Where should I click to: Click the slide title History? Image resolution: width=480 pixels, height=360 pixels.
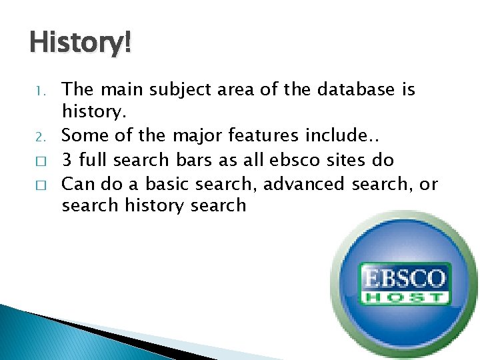(x=81, y=44)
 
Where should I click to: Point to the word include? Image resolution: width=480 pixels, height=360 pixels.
(x=336, y=137)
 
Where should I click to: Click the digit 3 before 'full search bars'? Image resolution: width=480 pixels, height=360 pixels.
(x=67, y=160)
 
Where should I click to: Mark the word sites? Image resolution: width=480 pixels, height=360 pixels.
(x=344, y=160)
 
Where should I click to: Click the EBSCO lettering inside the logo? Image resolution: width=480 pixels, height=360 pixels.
(x=404, y=276)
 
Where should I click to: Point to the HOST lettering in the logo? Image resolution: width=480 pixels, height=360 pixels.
(x=404, y=296)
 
